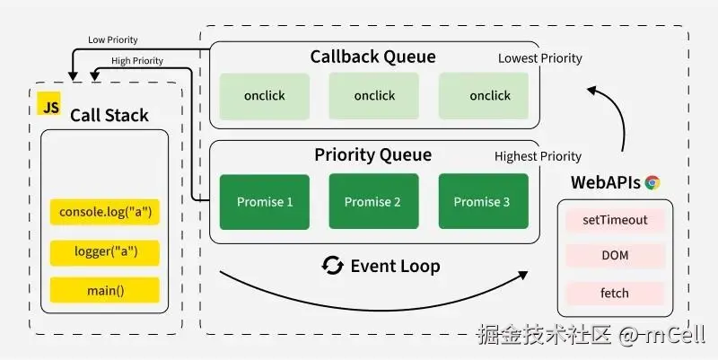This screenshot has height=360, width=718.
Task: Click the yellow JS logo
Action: [x=49, y=103]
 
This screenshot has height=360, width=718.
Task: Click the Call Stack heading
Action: [x=109, y=116]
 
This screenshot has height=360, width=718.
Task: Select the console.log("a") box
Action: [x=105, y=212]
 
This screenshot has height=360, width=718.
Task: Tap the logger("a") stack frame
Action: [x=105, y=252]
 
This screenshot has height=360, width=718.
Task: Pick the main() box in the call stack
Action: [x=105, y=290]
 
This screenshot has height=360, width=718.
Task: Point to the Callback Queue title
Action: [x=372, y=57]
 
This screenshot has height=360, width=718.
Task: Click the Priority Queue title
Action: [x=372, y=154]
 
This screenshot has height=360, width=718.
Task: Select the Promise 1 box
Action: [x=265, y=202]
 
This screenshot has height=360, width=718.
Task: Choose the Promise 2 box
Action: [x=373, y=201]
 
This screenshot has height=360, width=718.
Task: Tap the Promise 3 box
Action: [x=484, y=201]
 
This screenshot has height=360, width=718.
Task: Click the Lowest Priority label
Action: [x=540, y=58]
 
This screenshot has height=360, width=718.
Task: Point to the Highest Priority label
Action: [x=538, y=156]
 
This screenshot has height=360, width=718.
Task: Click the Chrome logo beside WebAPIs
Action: [x=652, y=183]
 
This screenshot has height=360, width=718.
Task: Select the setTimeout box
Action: [x=615, y=220]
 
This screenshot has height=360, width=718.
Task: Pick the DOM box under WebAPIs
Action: [x=615, y=256]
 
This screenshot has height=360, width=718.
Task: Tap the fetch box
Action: [x=615, y=294]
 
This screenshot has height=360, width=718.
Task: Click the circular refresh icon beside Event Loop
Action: [x=332, y=266]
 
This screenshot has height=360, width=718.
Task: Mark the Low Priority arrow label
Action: [x=113, y=40]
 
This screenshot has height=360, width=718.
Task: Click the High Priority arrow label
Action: [x=137, y=61]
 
